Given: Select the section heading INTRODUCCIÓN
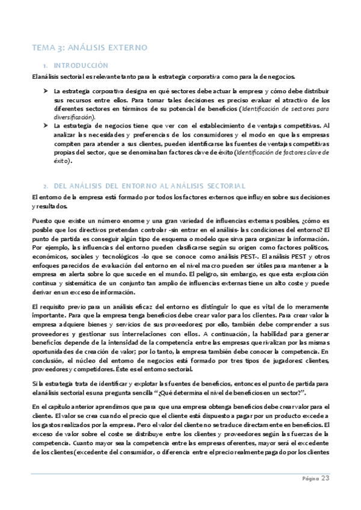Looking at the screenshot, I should click(81, 65).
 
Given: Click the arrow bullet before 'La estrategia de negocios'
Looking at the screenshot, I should click(45, 126).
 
